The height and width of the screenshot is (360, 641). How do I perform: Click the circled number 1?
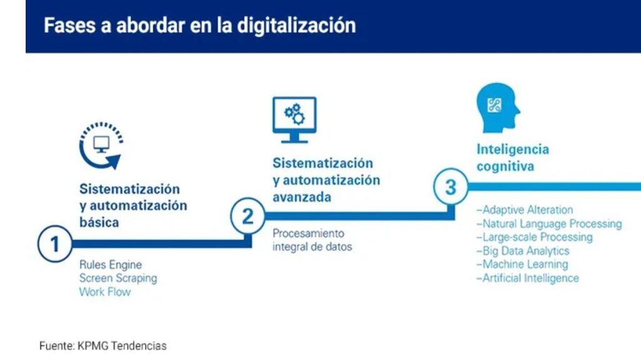(x=55, y=244)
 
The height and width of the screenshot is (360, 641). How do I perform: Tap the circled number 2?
(x=248, y=216)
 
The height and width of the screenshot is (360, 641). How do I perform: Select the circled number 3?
(x=451, y=187)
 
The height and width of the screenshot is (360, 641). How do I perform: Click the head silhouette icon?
(x=498, y=108)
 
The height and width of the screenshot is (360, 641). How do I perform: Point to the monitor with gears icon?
(x=294, y=120)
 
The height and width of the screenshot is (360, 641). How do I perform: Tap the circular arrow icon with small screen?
(x=101, y=145)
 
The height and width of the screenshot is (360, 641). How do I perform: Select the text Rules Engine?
(x=110, y=265)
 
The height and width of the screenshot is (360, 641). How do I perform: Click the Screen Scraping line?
(x=118, y=278)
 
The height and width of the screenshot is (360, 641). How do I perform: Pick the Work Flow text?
(x=105, y=292)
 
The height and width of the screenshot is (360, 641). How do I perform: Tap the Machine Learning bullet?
(x=523, y=264)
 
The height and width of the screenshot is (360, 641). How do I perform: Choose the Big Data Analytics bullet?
(x=523, y=251)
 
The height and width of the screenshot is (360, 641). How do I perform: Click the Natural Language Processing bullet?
(x=549, y=224)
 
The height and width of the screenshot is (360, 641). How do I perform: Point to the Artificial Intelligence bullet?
(x=528, y=278)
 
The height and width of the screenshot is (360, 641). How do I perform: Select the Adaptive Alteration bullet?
(x=525, y=210)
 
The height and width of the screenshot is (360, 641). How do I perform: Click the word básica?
(x=100, y=222)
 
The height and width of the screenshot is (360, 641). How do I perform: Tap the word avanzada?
(x=302, y=197)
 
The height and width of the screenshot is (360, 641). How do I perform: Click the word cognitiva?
(x=505, y=166)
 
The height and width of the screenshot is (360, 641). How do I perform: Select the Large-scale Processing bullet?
(x=535, y=237)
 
